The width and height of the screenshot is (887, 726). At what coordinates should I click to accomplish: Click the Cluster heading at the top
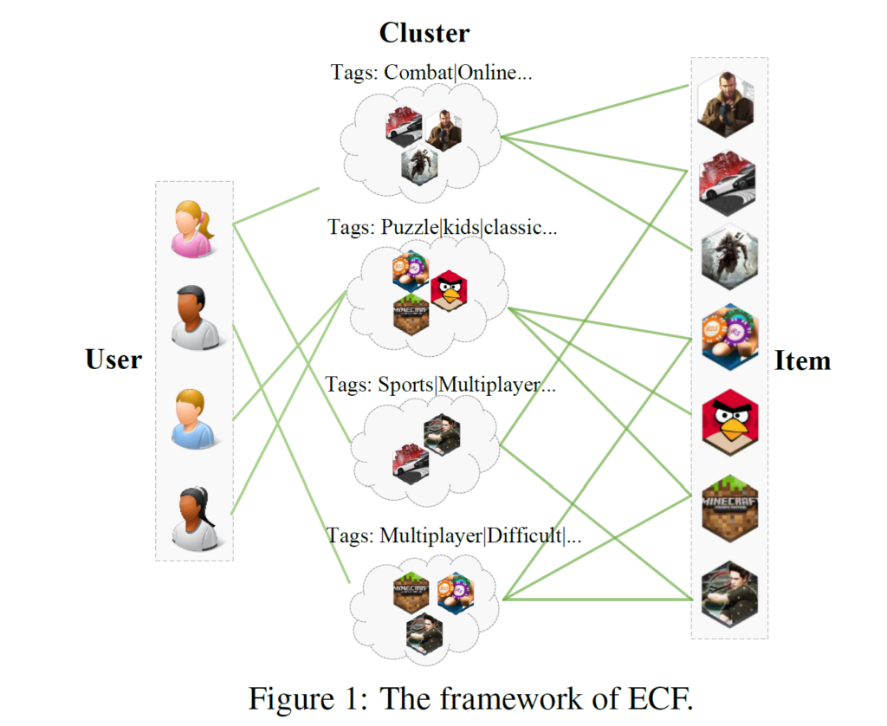point(424,33)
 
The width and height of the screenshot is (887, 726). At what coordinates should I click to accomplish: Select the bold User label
point(113,359)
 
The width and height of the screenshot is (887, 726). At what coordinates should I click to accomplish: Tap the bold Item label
point(802,360)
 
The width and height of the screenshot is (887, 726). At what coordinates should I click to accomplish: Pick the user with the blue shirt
point(192,419)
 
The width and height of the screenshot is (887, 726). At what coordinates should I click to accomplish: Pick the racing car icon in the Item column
point(728,180)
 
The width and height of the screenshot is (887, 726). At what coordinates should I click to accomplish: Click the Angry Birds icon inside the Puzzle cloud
point(449,290)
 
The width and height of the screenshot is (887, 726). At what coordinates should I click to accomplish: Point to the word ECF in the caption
point(663,697)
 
